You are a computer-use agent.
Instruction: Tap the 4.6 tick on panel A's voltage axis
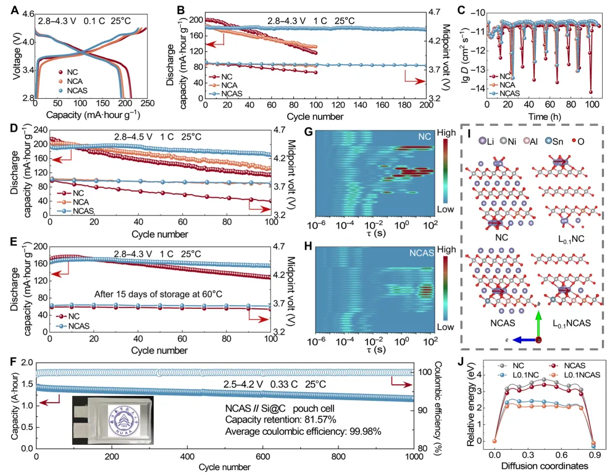coord(26,14)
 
